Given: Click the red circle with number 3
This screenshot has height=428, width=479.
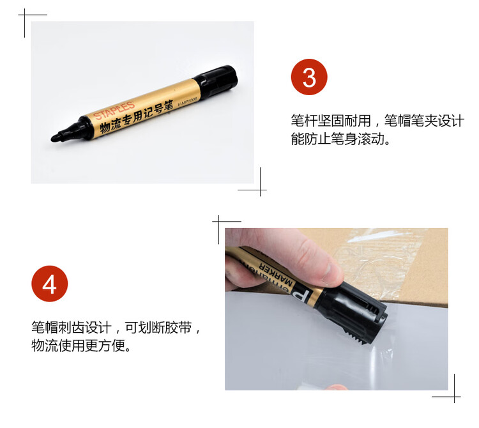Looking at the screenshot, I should point(309,78).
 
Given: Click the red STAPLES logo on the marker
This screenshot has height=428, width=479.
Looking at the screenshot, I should point(114,109).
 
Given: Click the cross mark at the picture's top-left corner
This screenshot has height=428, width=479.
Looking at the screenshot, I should point(26,15).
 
